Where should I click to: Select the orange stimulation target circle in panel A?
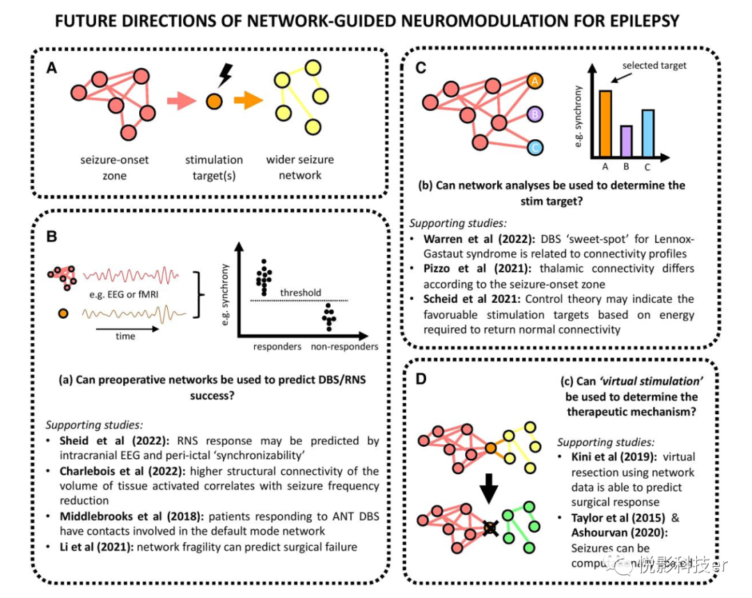tap(214, 102)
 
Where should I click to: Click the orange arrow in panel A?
tap(247, 102)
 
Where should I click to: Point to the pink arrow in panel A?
tap(183, 102)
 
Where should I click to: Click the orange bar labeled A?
tap(605, 123)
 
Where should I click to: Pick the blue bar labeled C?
tap(647, 133)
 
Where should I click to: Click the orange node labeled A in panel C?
tap(535, 81)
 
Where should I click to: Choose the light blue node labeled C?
tap(535, 147)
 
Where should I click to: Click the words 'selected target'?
tap(655, 65)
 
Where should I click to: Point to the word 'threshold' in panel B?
tap(301, 292)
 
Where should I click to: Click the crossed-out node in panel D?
tap(491, 529)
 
